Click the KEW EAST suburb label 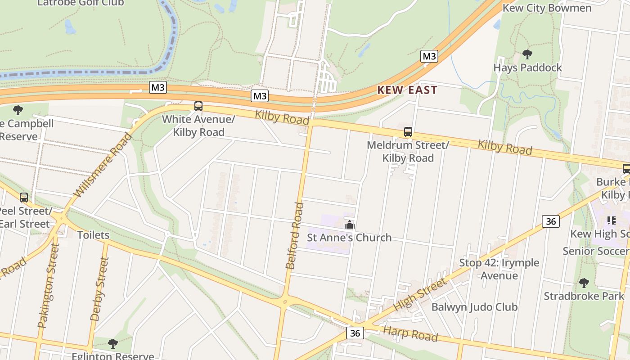coord(407,90)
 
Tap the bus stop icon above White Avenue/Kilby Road coord(198,106)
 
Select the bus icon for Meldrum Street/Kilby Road coord(408,132)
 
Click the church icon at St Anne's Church coord(350,225)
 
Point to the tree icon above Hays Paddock coord(527,55)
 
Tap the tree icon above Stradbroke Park coord(584,283)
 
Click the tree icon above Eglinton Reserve coord(113,344)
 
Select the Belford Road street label coord(295,236)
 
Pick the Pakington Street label coord(49,285)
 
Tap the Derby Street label coord(100,289)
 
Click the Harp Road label coord(410,334)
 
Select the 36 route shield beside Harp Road coord(355,333)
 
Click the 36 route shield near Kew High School coord(551,221)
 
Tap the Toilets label coord(93,235)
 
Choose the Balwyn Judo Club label coord(474,307)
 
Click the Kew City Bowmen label coord(547,8)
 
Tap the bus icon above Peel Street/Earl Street coord(24,197)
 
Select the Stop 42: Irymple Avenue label coord(499,269)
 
